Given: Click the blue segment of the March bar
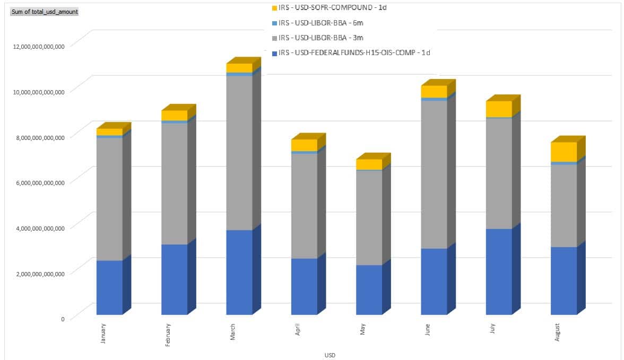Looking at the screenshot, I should tap(239, 272).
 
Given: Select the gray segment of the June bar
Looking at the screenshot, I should tap(434, 174).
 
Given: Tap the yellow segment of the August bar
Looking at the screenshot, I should tap(564, 152).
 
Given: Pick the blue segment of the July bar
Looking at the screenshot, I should tap(498, 271).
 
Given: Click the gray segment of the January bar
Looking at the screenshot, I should tap(109, 199).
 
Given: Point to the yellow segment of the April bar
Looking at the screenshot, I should tap(304, 145).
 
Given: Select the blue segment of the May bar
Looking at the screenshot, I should tap(369, 289).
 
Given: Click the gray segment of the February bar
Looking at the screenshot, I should tap(174, 183).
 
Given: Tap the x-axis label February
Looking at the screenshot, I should tap(168, 335).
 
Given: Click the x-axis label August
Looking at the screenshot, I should tap(557, 332).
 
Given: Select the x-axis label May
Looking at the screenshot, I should tap(363, 330).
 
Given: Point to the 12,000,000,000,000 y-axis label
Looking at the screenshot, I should tap(39, 46).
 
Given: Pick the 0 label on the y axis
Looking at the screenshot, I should tap(62, 319).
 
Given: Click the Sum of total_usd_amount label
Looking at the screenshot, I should tap(44, 11).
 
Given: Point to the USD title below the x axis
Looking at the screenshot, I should tap(330, 355).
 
